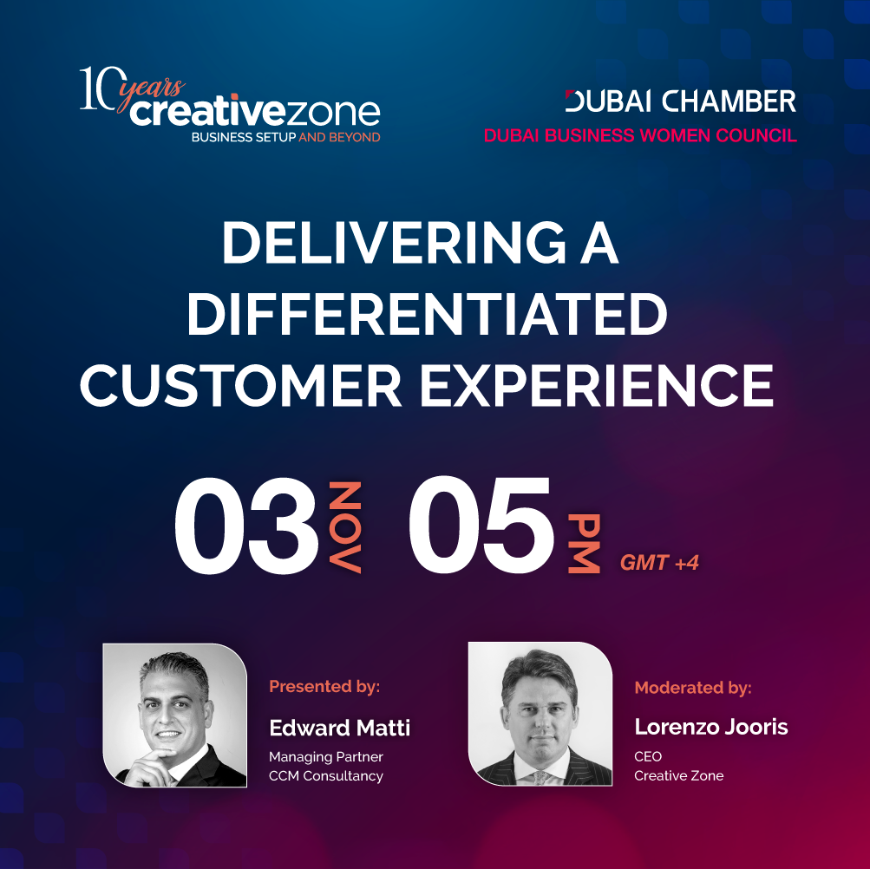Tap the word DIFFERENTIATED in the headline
(x=428, y=314)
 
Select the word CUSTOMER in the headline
(x=241, y=385)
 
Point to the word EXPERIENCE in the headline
(x=597, y=385)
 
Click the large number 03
(x=246, y=526)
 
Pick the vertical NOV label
(x=345, y=526)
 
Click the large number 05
(x=481, y=525)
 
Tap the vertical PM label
(x=584, y=543)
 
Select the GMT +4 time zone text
(x=659, y=563)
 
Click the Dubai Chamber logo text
(x=680, y=101)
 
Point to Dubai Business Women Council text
(x=640, y=135)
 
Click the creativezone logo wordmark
(x=255, y=111)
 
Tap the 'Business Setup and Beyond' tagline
(x=285, y=137)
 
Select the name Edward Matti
(x=339, y=728)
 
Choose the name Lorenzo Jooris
(x=710, y=727)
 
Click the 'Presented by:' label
(x=324, y=686)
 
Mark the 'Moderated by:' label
(x=693, y=688)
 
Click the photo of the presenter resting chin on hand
(x=174, y=715)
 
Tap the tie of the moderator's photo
(x=540, y=777)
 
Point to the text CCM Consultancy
(x=325, y=776)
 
